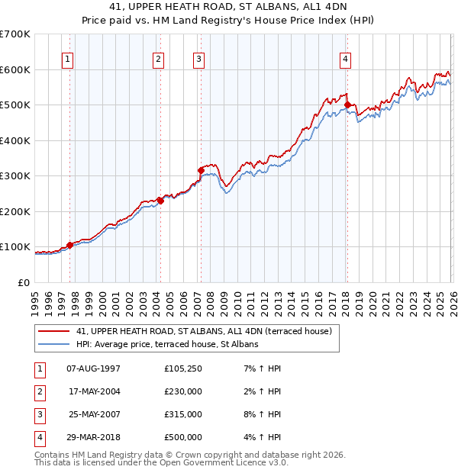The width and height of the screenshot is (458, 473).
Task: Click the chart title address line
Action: click(x=228, y=7)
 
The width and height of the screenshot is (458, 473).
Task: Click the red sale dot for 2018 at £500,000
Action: click(x=347, y=105)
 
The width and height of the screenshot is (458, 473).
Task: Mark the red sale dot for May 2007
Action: click(x=201, y=170)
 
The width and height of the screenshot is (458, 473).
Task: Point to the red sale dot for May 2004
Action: click(x=160, y=201)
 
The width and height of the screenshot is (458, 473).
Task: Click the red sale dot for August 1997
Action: click(x=69, y=245)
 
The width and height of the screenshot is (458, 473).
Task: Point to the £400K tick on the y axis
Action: click(x=15, y=140)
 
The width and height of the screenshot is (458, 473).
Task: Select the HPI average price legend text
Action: click(x=167, y=344)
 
